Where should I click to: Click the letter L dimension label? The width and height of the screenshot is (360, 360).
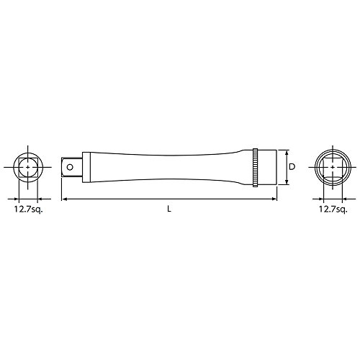pos(169,209)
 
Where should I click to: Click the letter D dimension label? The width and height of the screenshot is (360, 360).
pos(292,167)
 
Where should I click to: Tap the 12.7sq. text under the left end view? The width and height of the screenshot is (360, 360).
pos(28,209)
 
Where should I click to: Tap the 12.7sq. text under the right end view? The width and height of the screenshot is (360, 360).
pos(333,209)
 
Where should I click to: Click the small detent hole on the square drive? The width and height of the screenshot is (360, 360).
pos(70,167)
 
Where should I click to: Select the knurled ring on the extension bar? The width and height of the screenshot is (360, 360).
pos(255,168)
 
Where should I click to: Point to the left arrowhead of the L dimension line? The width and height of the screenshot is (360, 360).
pos(64,199)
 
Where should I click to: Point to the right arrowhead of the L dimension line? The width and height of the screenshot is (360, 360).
pos(274,199)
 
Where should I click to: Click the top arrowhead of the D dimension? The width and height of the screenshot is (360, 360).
pos(287,153)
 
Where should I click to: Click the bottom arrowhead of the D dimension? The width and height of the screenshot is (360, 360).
pos(287,182)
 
